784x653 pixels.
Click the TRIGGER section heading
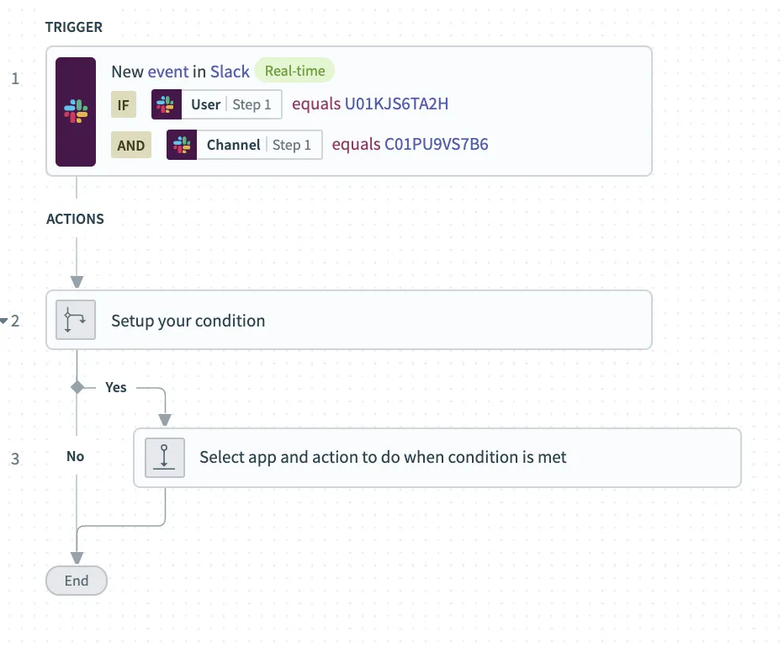[74, 27]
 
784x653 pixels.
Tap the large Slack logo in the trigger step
[76, 111]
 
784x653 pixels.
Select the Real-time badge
[294, 71]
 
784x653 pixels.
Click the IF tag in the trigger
[123, 105]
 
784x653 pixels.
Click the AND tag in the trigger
[131, 145]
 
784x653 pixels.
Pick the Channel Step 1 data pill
[244, 145]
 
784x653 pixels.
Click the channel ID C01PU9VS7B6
[436, 144]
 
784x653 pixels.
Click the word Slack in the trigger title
[230, 72]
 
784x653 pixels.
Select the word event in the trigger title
[168, 72]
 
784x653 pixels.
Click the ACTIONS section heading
[75, 219]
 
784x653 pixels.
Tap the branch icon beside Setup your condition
[77, 321]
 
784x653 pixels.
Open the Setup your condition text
[188, 321]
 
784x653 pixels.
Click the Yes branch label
[116, 387]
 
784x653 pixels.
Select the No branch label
[76, 456]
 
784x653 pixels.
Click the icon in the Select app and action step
[165, 458]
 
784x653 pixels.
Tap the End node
[77, 581]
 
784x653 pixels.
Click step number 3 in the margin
[14, 459]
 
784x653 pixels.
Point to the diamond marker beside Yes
[77, 387]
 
